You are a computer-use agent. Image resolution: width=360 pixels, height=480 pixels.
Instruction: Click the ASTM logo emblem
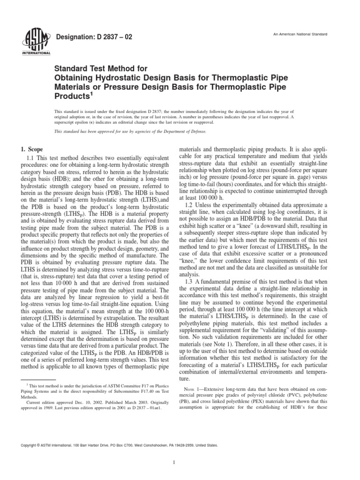click(x=29, y=41)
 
